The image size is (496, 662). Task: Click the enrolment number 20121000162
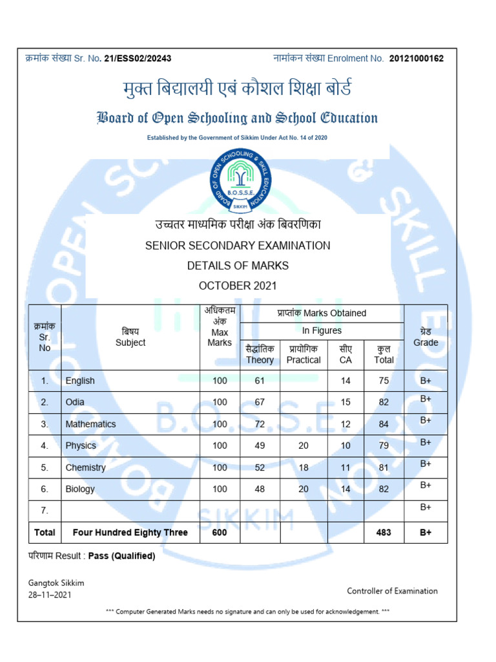(417, 59)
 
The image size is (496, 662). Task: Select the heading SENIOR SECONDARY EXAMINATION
(238, 246)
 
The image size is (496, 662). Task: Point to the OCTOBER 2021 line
(238, 286)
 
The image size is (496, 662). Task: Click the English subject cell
(80, 381)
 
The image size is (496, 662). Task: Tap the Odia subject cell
(75, 402)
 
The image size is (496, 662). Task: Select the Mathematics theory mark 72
(260, 424)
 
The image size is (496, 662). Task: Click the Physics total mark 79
(384, 445)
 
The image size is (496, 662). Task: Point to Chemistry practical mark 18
(304, 467)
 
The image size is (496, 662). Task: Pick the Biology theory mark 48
(260, 489)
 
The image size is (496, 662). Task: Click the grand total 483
(384, 533)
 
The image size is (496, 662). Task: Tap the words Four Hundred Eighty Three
(130, 533)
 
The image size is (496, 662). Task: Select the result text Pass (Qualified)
(121, 555)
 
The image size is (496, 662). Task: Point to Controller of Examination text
(392, 591)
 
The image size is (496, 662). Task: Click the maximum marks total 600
(220, 533)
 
